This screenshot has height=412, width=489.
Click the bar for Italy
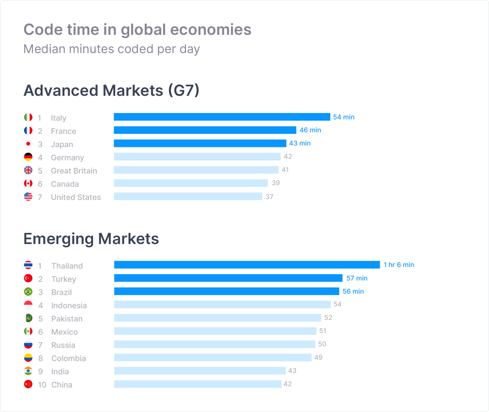tap(222, 117)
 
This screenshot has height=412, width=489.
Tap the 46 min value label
tap(310, 130)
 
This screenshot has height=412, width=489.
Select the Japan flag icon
tap(28, 144)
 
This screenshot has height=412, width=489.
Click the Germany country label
tap(67, 158)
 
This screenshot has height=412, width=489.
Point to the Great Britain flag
tap(28, 170)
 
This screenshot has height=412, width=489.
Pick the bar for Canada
tap(191, 183)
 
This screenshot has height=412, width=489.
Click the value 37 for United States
tap(269, 197)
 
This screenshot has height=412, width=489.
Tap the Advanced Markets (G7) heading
tap(111, 90)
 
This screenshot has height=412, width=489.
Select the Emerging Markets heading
tap(91, 239)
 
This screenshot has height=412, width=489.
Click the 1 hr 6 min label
tap(399, 265)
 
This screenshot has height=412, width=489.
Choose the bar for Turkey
tap(228, 278)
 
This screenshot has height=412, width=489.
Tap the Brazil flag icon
tap(28, 292)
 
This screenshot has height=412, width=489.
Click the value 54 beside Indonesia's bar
tap(337, 304)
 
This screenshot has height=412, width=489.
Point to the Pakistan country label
tap(67, 319)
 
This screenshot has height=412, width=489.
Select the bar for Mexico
tap(215, 331)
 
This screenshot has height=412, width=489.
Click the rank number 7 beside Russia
tap(40, 345)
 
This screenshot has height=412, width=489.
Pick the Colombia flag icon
tap(28, 358)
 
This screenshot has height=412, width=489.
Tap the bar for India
tap(200, 371)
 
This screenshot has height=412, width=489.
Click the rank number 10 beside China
tap(42, 385)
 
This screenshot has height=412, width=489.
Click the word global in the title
tap(143, 30)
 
